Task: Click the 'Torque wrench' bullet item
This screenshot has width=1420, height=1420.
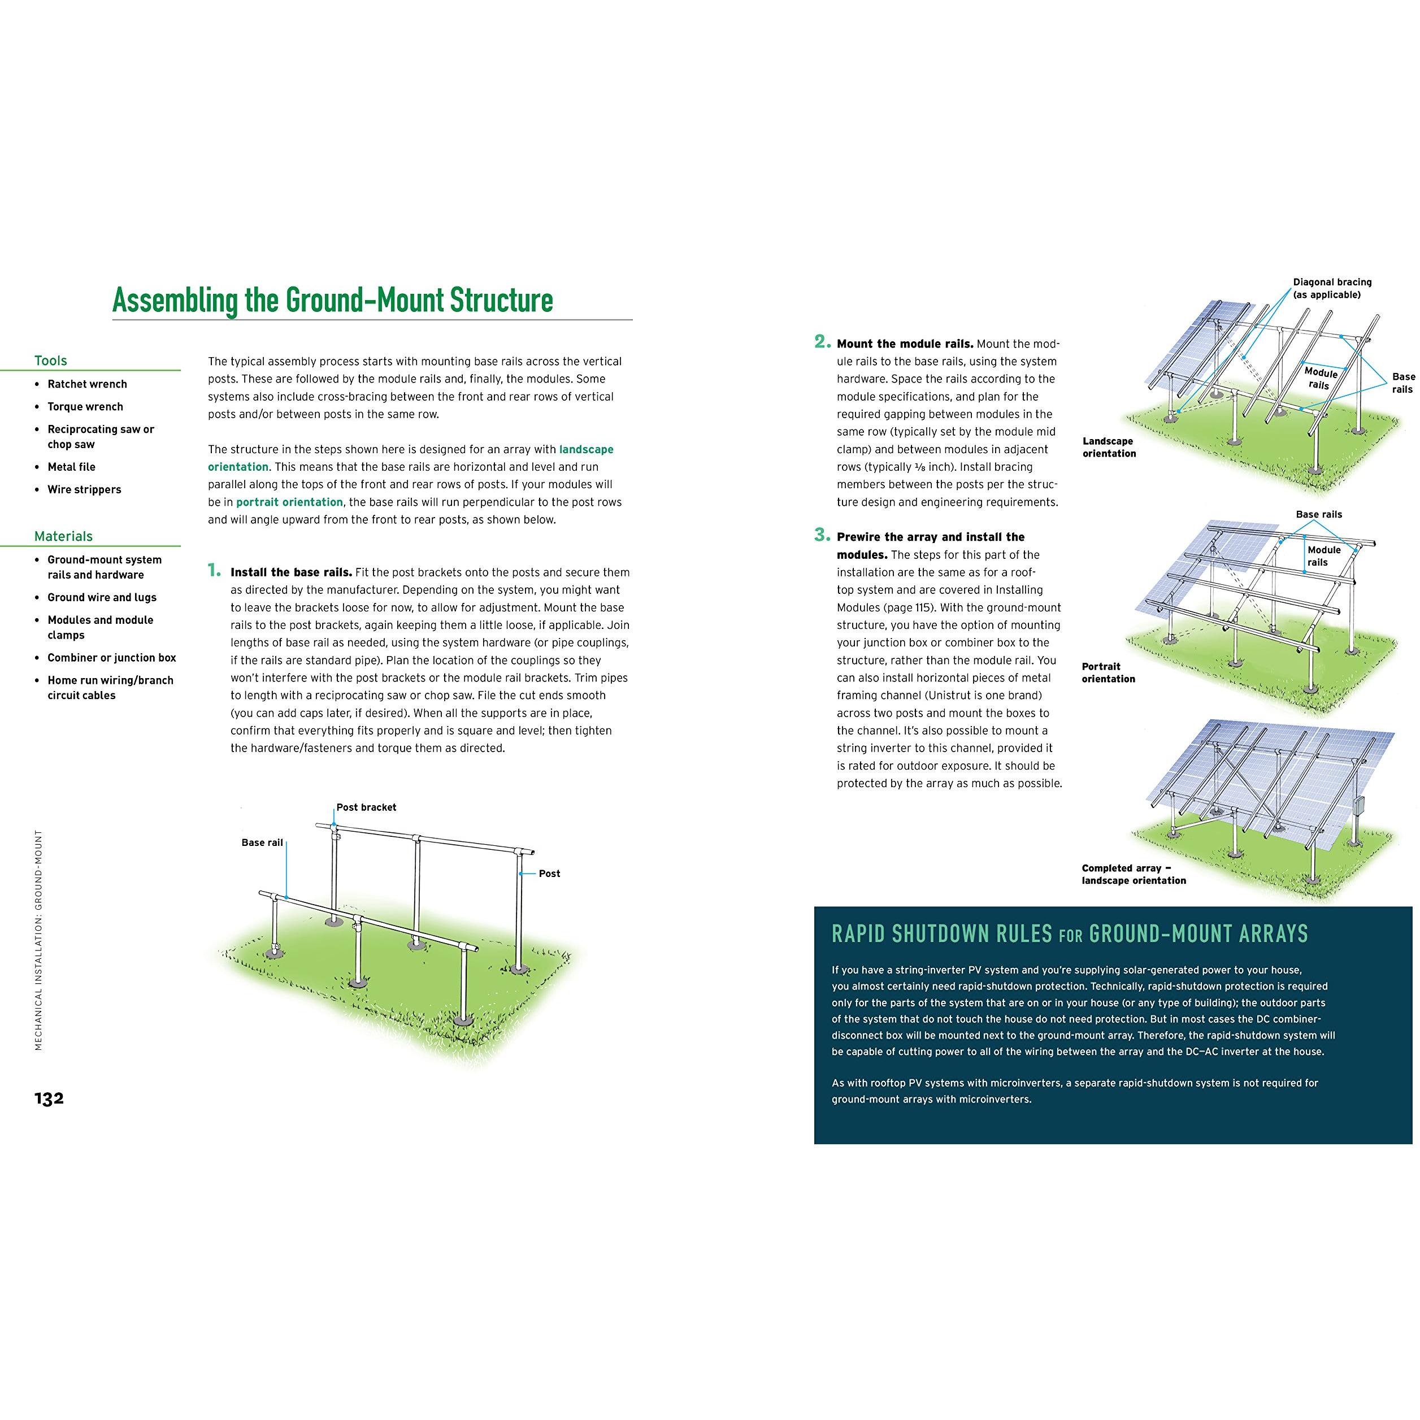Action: [85, 406]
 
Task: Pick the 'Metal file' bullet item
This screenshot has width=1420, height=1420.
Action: [71, 467]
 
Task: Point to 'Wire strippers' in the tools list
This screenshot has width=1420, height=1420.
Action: [85, 489]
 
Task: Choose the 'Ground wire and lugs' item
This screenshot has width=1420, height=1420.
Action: [102, 597]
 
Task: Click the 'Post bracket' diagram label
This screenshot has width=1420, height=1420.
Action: [366, 807]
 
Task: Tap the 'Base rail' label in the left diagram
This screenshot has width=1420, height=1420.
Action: [262, 843]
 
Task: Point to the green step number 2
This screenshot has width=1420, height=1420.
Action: [823, 341]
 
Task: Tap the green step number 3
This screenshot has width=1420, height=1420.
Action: [823, 535]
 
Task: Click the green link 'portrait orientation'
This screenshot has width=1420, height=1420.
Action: [289, 502]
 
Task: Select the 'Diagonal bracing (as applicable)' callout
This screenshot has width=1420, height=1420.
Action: [1332, 288]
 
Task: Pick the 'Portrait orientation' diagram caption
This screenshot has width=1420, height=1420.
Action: [1108, 672]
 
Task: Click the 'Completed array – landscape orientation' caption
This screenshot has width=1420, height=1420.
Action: [1134, 874]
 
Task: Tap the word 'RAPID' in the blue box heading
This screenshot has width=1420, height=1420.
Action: [858, 933]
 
